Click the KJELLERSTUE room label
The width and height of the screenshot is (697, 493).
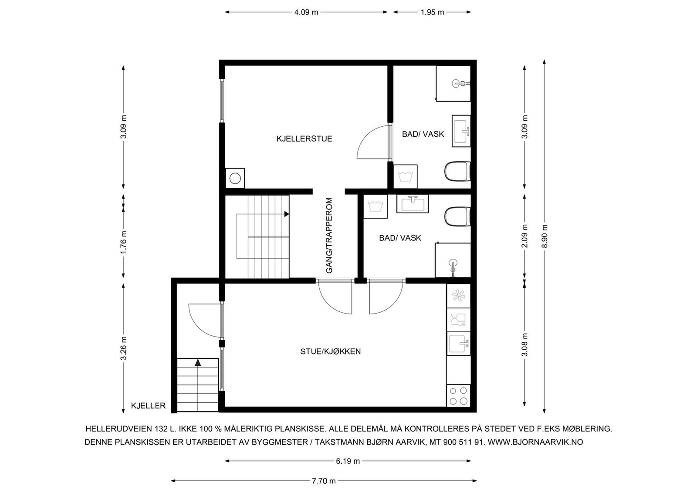pyautogui.click(x=305, y=139)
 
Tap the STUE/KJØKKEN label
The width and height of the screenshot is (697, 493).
pyautogui.click(x=331, y=351)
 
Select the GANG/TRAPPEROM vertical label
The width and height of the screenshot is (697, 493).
pyautogui.click(x=329, y=236)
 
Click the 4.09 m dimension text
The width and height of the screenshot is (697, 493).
pyautogui.click(x=306, y=13)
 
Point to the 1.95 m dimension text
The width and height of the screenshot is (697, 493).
pyautogui.click(x=432, y=13)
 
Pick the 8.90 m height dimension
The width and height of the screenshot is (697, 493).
pyautogui.click(x=544, y=236)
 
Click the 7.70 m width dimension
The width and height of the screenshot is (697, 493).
pyautogui.click(x=324, y=481)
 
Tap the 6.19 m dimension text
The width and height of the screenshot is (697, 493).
pyautogui.click(x=348, y=461)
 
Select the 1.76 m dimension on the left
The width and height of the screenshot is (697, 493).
pyautogui.click(x=124, y=242)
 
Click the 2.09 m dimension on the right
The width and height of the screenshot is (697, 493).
pyautogui.click(x=524, y=236)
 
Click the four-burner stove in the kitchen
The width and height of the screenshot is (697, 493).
pyautogui.click(x=458, y=396)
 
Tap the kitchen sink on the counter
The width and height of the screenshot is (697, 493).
pyautogui.click(x=458, y=343)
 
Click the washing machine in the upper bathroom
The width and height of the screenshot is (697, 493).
pyautogui.click(x=406, y=177)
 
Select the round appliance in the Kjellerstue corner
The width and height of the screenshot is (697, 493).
pyautogui.click(x=235, y=179)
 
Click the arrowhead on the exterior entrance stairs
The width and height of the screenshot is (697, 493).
pyautogui.click(x=198, y=363)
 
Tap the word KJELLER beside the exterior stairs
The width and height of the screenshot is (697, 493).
pyautogui.click(x=149, y=405)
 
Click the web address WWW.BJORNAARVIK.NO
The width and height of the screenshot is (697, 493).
pyautogui.click(x=535, y=442)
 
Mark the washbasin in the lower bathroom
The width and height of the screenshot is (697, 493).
pyautogui.click(x=413, y=204)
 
